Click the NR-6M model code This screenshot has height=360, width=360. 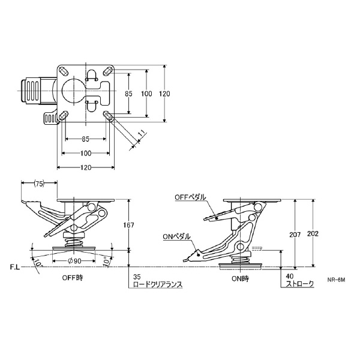point(336,280)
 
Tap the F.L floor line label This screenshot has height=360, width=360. point(15,267)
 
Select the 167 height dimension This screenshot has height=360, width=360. point(128,225)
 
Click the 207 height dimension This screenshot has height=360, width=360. point(295,235)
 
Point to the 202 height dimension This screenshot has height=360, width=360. point(313,233)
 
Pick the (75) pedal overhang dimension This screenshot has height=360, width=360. point(39,184)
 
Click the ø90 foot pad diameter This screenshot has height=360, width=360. point(74,261)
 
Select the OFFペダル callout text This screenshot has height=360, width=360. point(190,197)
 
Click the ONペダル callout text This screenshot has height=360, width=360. point(176,236)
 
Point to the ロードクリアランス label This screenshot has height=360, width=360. point(158,284)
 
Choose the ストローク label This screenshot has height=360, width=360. point(299,284)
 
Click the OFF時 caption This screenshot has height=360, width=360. point(73,278)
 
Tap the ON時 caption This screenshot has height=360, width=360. point(240,279)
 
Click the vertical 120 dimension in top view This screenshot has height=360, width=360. point(165,94)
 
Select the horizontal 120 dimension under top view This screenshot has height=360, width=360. point(86,167)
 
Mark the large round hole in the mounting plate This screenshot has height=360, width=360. point(74,91)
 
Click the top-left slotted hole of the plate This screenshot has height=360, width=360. point(64,71)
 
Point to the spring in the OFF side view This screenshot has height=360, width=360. point(74,243)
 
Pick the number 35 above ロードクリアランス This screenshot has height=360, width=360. point(137,277)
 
